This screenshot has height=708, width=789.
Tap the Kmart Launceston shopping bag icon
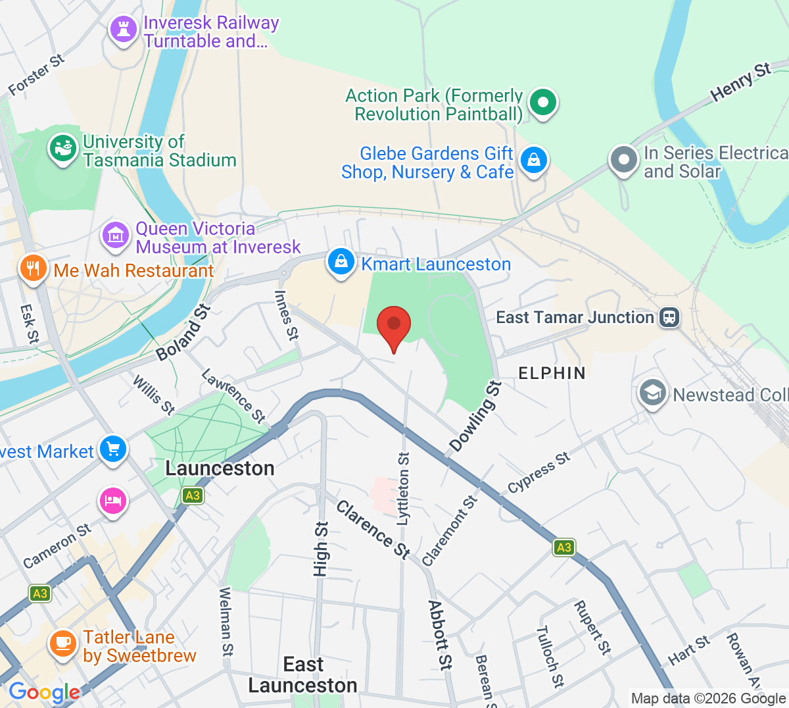click(341, 262)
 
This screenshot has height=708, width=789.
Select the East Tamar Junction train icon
click(669, 317)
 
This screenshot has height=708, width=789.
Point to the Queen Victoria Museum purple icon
click(115, 235)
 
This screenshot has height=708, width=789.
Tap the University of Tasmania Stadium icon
click(63, 148)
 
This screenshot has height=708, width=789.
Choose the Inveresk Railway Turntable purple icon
click(123, 29)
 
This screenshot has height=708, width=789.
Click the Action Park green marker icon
click(543, 103)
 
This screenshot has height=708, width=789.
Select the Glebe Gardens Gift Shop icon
click(534, 160)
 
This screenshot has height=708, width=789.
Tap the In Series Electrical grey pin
click(623, 159)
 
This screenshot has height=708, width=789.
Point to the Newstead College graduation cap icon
click(652, 393)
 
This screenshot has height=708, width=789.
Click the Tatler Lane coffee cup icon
click(63, 642)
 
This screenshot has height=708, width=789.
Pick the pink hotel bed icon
click(113, 501)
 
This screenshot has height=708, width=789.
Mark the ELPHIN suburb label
click(552, 373)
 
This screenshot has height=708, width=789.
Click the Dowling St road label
click(475, 417)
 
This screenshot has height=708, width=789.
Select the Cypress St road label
click(538, 472)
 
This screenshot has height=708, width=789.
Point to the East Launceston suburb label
click(303, 675)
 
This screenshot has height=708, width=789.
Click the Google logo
click(44, 692)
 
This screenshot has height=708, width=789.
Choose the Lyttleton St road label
click(403, 488)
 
